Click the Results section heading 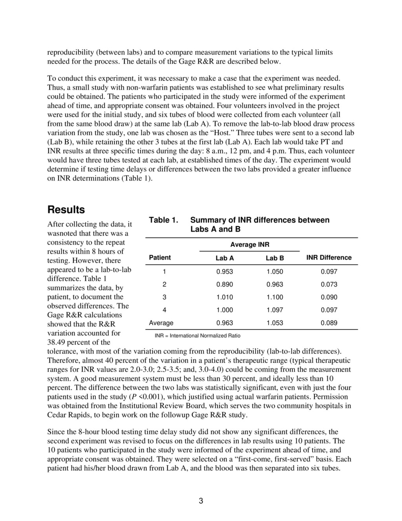(66, 210)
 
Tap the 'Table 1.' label (164, 220)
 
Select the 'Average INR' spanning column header (250, 245)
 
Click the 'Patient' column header (160, 258)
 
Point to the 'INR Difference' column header (329, 258)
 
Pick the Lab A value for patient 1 (225, 272)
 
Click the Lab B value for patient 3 (274, 297)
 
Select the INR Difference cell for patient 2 (329, 284)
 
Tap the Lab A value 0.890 (225, 284)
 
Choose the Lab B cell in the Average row (274, 323)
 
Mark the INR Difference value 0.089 (329, 323)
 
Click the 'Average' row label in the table (161, 323)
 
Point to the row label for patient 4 (164, 310)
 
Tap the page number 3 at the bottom (201, 501)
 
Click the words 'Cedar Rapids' (68, 415)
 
